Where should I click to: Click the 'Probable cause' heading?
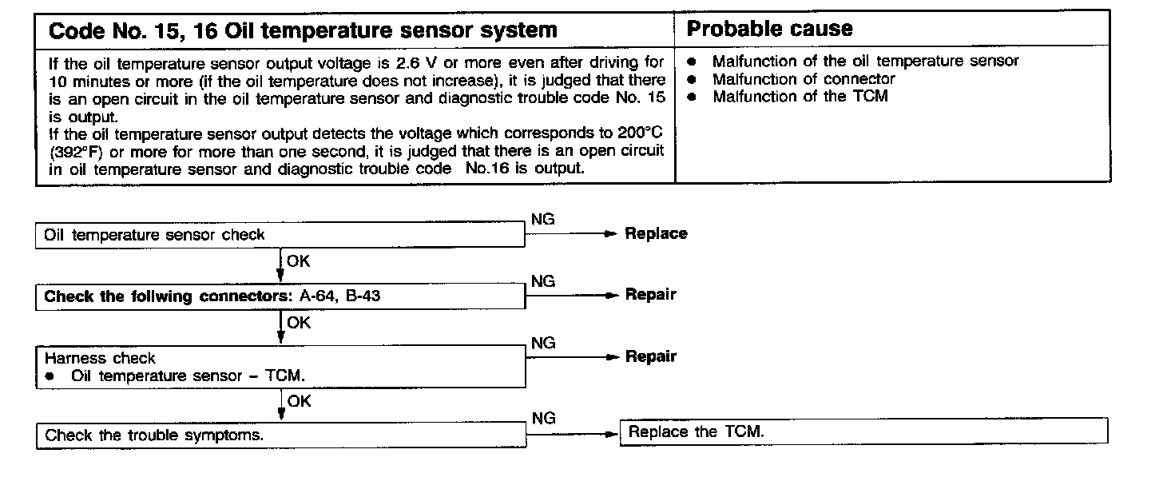(770, 30)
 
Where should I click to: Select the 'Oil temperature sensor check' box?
(280, 235)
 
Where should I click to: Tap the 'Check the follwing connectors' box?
(280, 296)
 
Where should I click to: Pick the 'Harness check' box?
(280, 367)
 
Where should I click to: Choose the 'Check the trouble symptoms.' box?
(280, 436)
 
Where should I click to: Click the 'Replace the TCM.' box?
(863, 432)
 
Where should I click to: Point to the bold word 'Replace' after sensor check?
(656, 234)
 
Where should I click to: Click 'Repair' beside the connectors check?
(650, 295)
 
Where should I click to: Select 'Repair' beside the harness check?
(650, 357)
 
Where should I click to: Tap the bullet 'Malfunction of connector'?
(804, 79)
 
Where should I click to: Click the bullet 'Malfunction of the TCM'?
(800, 97)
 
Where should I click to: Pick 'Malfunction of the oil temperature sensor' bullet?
(865, 61)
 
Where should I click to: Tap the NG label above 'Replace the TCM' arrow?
(542, 419)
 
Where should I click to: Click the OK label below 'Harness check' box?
(299, 401)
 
